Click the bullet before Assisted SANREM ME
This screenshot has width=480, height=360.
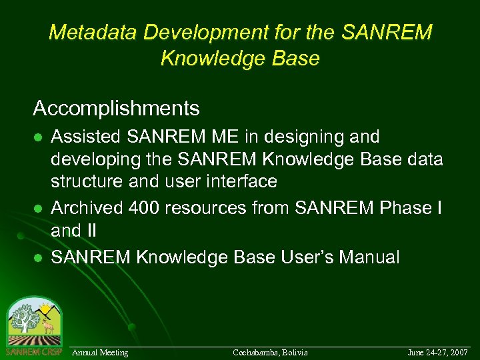(x=38, y=138)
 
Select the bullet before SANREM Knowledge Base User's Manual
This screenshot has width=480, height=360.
(x=38, y=258)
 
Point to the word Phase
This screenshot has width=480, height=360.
(x=406, y=208)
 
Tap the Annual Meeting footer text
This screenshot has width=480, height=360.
(x=100, y=352)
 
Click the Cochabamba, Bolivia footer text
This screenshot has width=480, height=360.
(x=270, y=352)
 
